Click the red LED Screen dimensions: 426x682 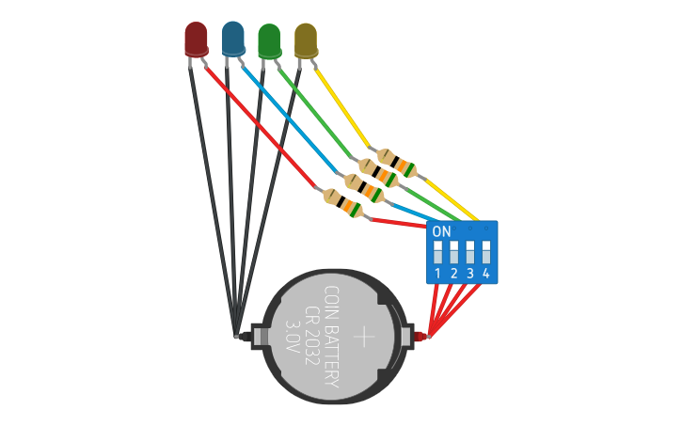pos(196,39)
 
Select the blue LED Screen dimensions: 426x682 pos(232,38)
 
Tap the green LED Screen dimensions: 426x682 pos(269,40)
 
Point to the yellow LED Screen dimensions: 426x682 pos(306,40)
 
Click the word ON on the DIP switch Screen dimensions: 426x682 pos(441,231)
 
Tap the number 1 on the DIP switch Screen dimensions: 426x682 pos(438,274)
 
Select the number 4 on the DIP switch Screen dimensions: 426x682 pos(485,274)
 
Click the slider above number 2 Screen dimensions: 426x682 pos(454,252)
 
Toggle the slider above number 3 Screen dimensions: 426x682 pos(470,252)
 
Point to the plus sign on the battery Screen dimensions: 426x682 pos(364,336)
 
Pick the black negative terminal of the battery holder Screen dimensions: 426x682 pos(247,336)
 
